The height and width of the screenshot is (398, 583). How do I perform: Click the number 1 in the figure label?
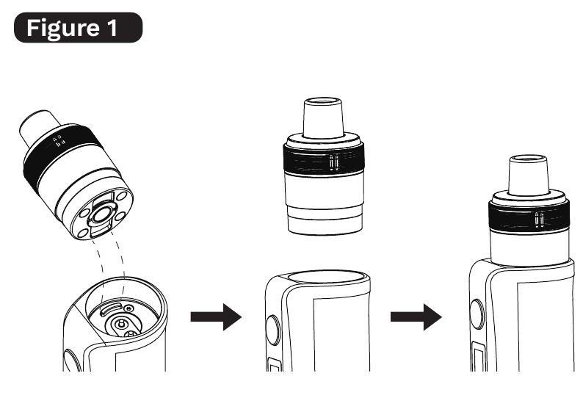(x=112, y=28)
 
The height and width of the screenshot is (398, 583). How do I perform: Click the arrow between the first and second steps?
(x=216, y=317)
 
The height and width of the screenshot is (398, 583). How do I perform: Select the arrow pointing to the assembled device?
(x=416, y=317)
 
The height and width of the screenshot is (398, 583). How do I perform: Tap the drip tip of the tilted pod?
(x=38, y=126)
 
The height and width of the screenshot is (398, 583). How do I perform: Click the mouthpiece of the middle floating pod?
(x=323, y=117)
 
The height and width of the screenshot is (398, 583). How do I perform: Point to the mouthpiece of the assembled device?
(x=528, y=175)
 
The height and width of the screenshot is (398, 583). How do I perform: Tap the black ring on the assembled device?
(x=529, y=217)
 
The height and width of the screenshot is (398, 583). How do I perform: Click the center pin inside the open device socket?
(x=120, y=324)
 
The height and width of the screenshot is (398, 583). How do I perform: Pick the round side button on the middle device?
(x=274, y=329)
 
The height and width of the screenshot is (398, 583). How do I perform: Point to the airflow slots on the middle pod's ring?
(x=334, y=163)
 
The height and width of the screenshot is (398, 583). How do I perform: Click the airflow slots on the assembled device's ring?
(x=540, y=220)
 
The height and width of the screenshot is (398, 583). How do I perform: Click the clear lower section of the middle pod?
(x=325, y=204)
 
